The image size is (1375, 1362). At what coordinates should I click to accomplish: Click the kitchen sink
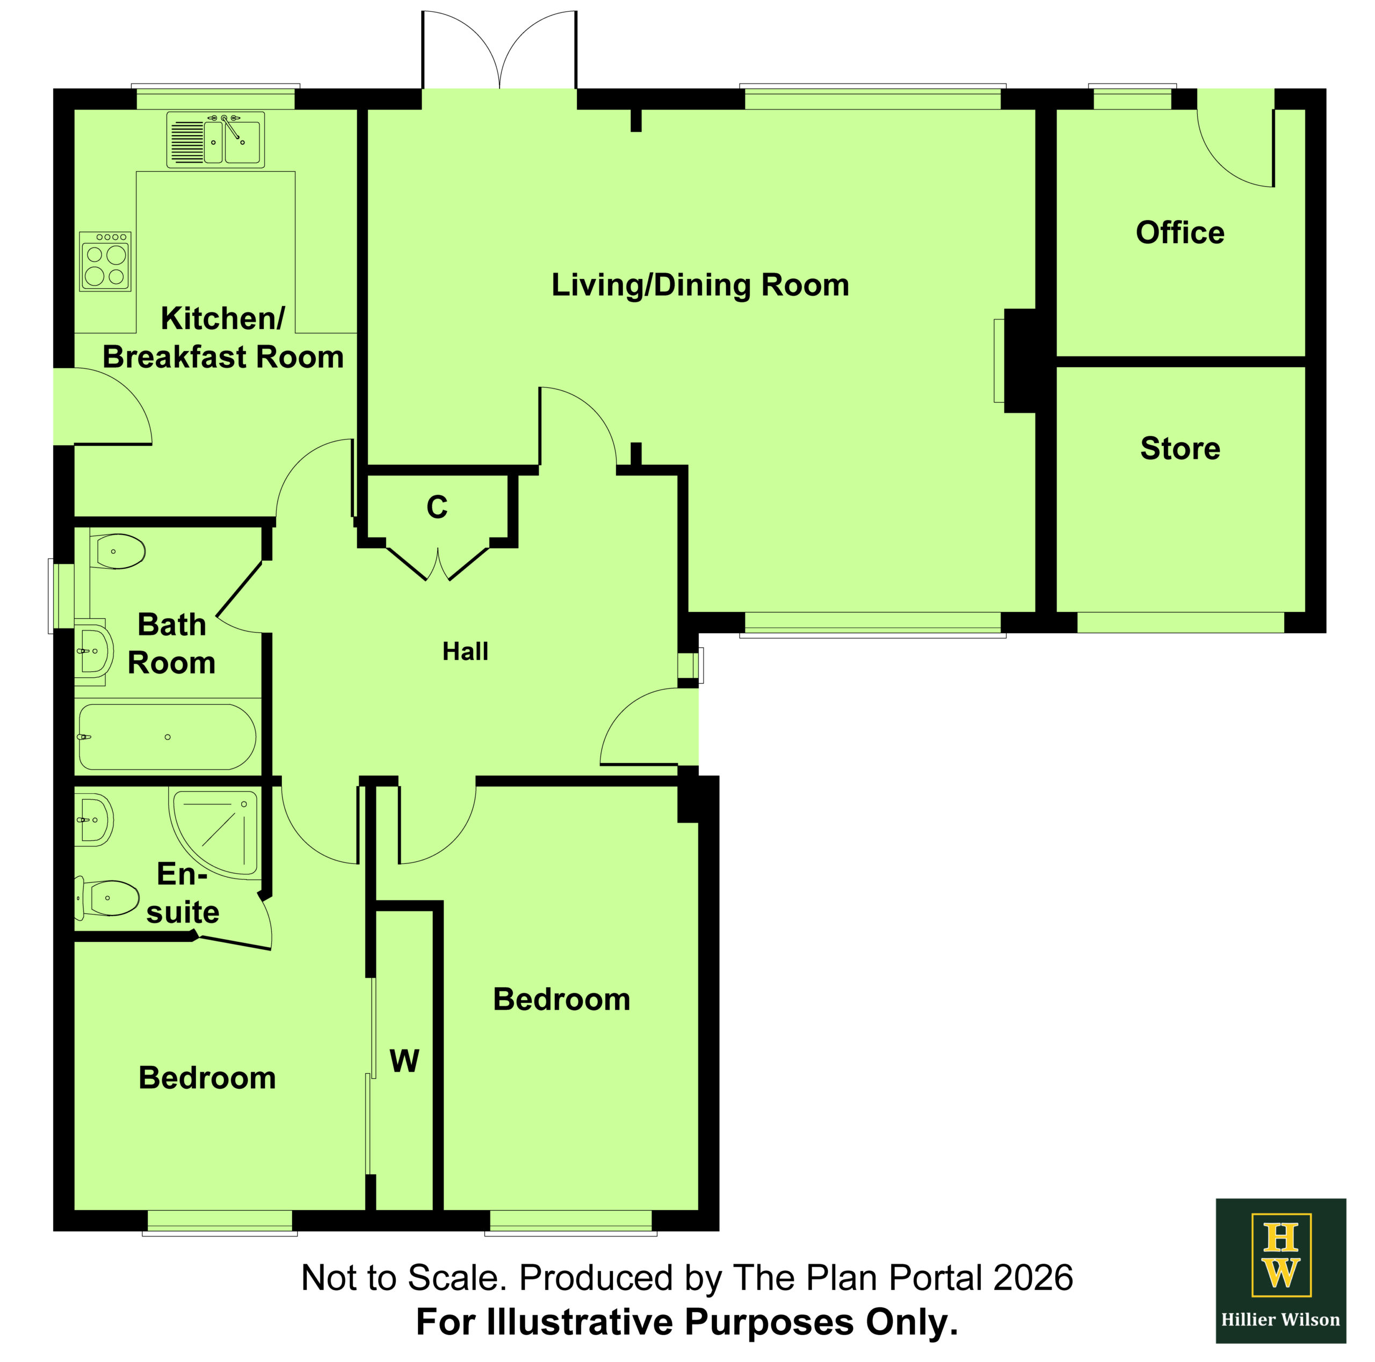click(x=215, y=140)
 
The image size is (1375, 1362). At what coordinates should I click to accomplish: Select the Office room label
click(x=1180, y=232)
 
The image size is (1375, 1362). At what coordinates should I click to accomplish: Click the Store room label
click(x=1180, y=448)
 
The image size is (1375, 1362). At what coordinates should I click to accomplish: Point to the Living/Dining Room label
click(x=700, y=285)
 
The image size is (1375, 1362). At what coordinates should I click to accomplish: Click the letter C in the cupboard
click(x=437, y=507)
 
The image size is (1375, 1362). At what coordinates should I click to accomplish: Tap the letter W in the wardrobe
click(x=404, y=1061)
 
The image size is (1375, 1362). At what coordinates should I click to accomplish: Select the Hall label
click(x=466, y=651)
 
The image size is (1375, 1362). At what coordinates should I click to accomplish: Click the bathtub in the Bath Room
click(x=167, y=737)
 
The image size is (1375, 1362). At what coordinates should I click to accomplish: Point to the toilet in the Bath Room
click(x=118, y=551)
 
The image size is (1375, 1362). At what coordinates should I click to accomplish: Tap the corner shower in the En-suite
click(x=214, y=832)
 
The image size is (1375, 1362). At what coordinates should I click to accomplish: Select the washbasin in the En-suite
click(x=94, y=820)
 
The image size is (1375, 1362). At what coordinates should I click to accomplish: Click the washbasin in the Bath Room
click(x=94, y=651)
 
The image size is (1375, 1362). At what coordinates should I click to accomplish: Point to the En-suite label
click(x=183, y=894)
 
